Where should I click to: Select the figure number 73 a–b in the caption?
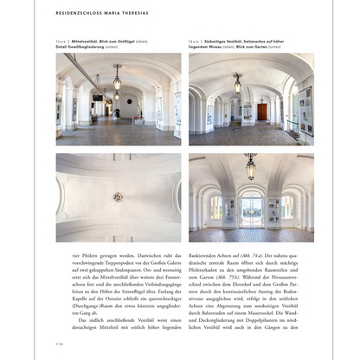pyautogui.click(x=62, y=41)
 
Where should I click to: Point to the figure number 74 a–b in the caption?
pyautogui.click(x=196, y=41)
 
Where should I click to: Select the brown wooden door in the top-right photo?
pyautogui.click(x=261, y=112)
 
